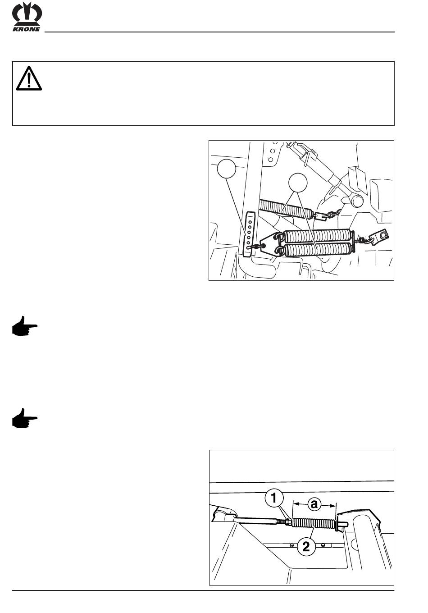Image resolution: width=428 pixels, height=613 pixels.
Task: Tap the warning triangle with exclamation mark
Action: tap(29, 78)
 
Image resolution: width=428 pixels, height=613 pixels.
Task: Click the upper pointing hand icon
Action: tap(25, 325)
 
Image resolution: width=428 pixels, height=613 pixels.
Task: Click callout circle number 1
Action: tap(274, 499)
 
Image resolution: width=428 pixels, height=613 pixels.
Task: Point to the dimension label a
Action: tap(314, 504)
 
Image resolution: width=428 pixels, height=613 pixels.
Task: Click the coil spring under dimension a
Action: tap(314, 523)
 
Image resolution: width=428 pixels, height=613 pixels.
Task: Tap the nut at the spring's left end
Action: tap(288, 523)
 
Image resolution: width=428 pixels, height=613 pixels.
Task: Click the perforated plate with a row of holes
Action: tap(249, 234)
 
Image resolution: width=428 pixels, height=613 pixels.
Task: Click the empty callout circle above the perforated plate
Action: tap(227, 169)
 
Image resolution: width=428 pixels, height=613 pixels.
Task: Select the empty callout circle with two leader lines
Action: tap(298, 183)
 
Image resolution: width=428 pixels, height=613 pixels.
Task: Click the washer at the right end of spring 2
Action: tap(337, 523)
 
